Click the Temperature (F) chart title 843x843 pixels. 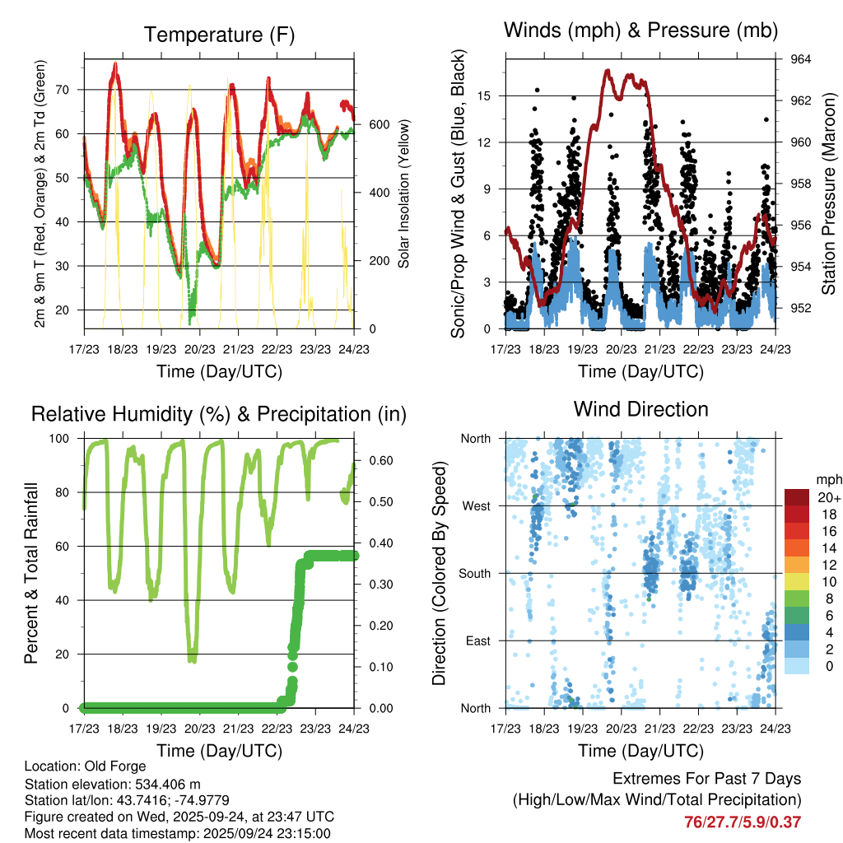click(x=219, y=35)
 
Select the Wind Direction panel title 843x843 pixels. click(x=640, y=409)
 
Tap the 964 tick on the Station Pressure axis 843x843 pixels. click(x=801, y=59)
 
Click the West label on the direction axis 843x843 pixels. click(x=475, y=505)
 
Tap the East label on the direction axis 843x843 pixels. click(x=476, y=640)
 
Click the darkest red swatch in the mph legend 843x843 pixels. click(x=797, y=497)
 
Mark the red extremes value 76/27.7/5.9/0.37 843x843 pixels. click(x=742, y=822)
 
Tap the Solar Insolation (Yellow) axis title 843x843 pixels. click(x=403, y=194)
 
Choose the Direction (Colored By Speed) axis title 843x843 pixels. click(x=439, y=574)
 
